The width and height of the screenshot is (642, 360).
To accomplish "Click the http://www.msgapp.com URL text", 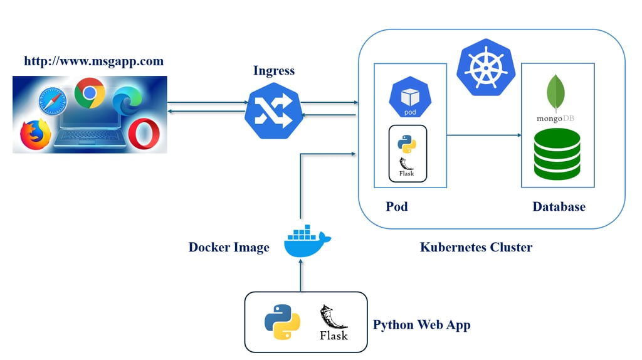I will pyautogui.click(x=93, y=61).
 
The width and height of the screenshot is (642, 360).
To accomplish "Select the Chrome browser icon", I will pyautogui.click(x=89, y=94).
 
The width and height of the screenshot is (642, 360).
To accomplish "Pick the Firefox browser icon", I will pyautogui.click(x=35, y=134).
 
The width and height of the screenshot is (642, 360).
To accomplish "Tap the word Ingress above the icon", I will pyautogui.click(x=275, y=70).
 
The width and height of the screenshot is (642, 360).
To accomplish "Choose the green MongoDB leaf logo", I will pyautogui.click(x=556, y=93).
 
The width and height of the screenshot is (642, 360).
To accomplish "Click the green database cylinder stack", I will pyautogui.click(x=557, y=154).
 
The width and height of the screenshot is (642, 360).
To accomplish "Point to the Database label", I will pyautogui.click(x=559, y=206).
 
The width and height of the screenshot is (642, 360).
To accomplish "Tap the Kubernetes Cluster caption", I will pyautogui.click(x=476, y=247).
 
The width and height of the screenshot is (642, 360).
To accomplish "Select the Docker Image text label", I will pyautogui.click(x=229, y=247).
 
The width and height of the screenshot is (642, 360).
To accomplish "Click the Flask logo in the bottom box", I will pyautogui.click(x=334, y=322).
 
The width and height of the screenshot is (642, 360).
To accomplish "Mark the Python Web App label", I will pyautogui.click(x=421, y=325).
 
